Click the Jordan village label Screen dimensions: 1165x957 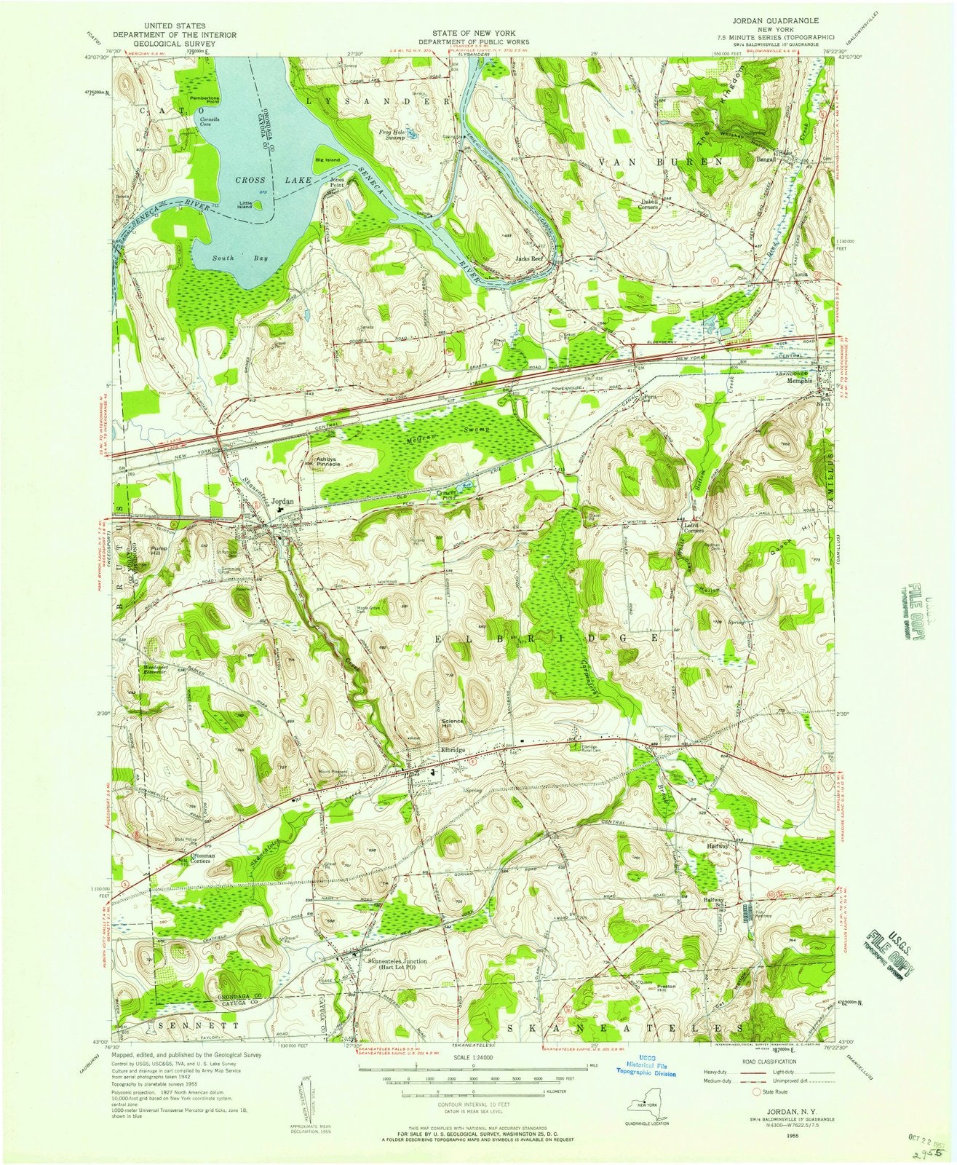[282, 501]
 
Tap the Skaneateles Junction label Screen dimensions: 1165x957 [397, 963]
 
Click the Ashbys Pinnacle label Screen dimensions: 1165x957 [325, 462]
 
